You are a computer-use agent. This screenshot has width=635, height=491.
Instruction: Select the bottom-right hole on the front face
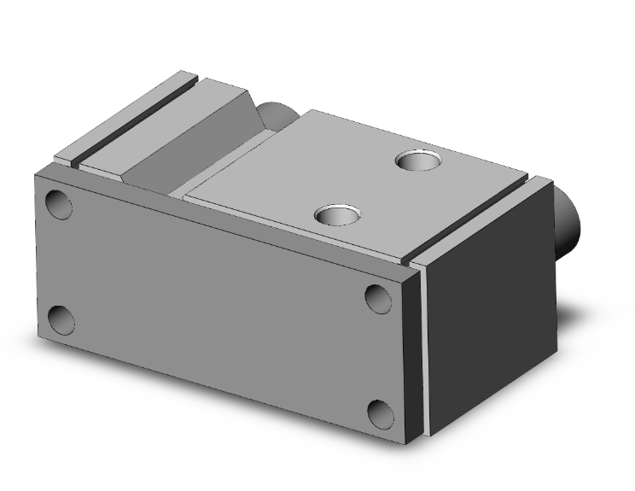click(381, 413)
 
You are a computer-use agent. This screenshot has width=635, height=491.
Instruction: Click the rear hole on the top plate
click(417, 159)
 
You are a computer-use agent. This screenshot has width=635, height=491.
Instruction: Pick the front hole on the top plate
click(335, 214)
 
